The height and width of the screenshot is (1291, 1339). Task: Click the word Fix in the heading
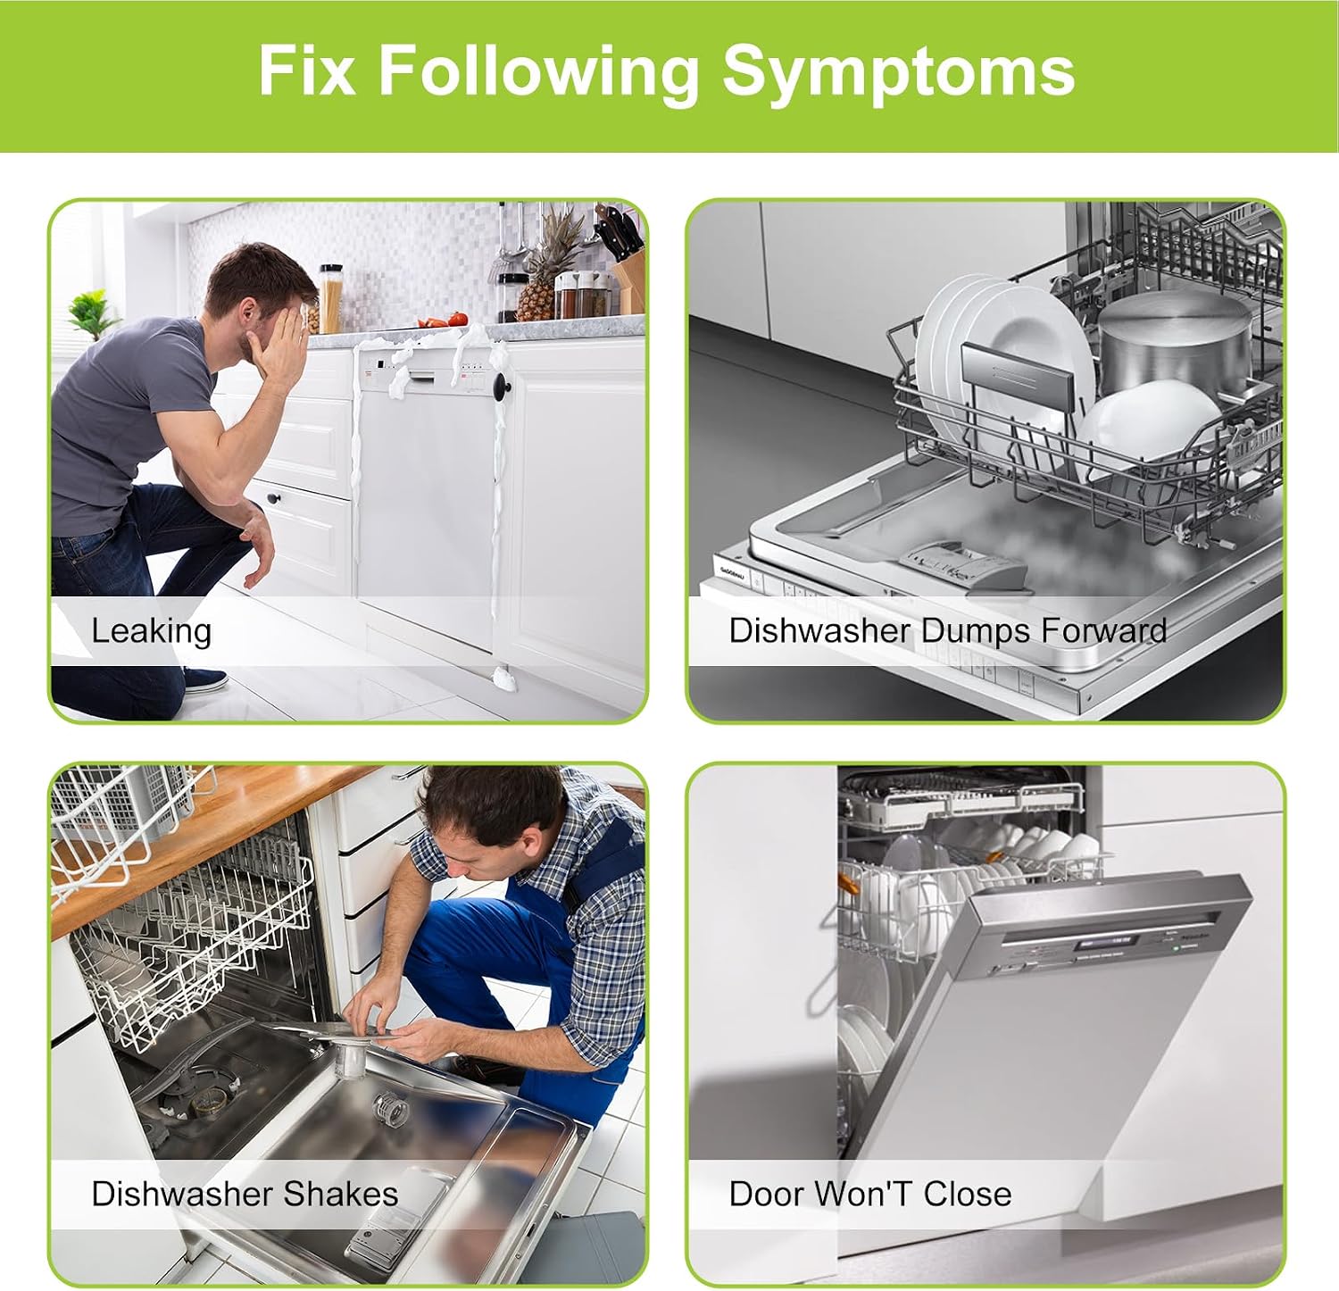307,70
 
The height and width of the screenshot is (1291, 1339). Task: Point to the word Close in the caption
967,1194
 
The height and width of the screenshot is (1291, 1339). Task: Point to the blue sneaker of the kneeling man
204,680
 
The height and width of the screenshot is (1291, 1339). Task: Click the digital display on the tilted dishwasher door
1105,942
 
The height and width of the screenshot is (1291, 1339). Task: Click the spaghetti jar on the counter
330,298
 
